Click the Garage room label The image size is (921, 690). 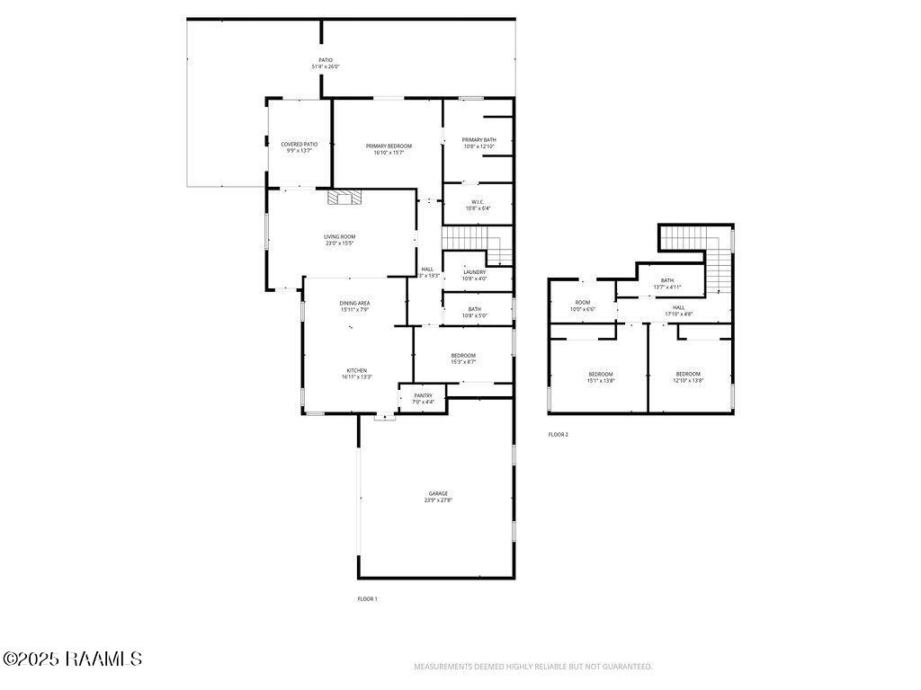point(438,497)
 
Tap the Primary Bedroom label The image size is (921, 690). point(389,149)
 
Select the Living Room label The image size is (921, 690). point(340,240)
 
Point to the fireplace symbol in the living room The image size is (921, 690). point(344,199)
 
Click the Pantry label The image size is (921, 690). point(423,398)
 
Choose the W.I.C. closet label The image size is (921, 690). point(478,204)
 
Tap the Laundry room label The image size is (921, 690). point(474,275)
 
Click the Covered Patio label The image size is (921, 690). point(299,147)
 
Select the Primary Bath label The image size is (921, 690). point(478,143)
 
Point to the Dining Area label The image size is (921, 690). point(354,306)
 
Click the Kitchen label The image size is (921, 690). point(356,374)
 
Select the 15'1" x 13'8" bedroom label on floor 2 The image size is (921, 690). point(601,377)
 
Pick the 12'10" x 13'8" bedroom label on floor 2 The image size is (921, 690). point(688,377)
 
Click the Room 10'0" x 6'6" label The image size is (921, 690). point(583,305)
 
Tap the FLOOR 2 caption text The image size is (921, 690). point(558,435)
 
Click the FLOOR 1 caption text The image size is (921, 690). point(367,598)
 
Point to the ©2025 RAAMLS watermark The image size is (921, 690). point(72,659)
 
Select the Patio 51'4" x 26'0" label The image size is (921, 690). point(326,64)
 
